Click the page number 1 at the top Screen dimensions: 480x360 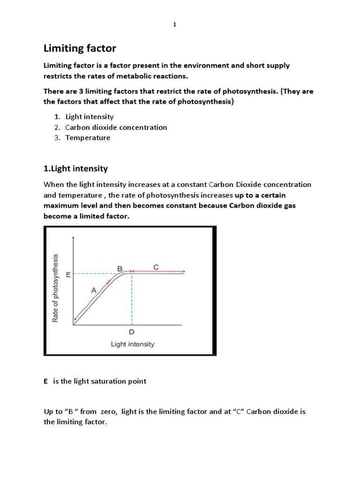[x=174, y=25]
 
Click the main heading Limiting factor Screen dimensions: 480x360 [x=80, y=48]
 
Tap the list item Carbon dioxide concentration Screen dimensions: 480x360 [x=116, y=127]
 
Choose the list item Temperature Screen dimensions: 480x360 [x=88, y=137]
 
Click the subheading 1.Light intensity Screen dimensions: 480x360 [x=75, y=168]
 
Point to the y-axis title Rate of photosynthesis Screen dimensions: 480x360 [x=56, y=288]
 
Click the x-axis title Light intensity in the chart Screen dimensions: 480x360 [x=132, y=344]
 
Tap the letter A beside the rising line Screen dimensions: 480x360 [x=93, y=291]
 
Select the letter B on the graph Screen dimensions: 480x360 [x=120, y=269]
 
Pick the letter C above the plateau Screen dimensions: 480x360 [x=156, y=267]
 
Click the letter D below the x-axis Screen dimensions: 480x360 [x=132, y=332]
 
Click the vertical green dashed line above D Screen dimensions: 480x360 [x=132, y=300]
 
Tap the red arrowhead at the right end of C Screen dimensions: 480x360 [x=184, y=271]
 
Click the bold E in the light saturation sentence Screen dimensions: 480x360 [x=46, y=381]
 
